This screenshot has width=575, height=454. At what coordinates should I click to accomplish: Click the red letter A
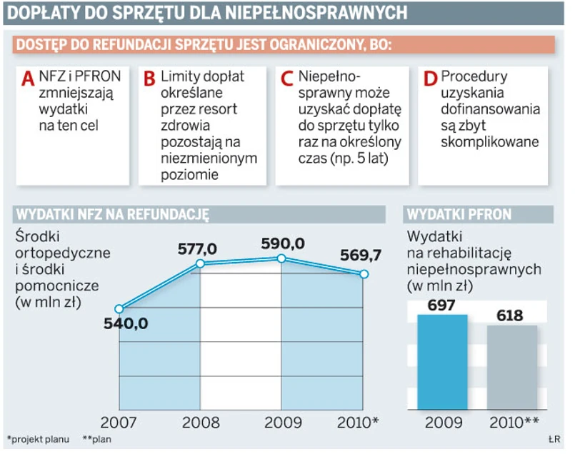[x=28, y=79]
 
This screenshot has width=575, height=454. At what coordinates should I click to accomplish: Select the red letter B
[x=149, y=79]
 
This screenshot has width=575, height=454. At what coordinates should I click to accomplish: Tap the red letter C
[x=287, y=79]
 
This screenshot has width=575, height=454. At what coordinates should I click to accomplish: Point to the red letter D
[x=430, y=79]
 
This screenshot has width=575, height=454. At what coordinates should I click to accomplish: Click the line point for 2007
[x=119, y=309]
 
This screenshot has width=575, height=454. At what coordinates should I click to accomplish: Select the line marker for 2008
[x=200, y=264]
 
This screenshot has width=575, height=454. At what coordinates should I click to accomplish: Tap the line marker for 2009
[x=282, y=258]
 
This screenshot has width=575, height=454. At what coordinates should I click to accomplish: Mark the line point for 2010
[x=364, y=274]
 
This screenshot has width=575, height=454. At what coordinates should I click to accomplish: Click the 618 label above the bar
[x=511, y=316]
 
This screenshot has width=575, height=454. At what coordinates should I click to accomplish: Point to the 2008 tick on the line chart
[x=201, y=422]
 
